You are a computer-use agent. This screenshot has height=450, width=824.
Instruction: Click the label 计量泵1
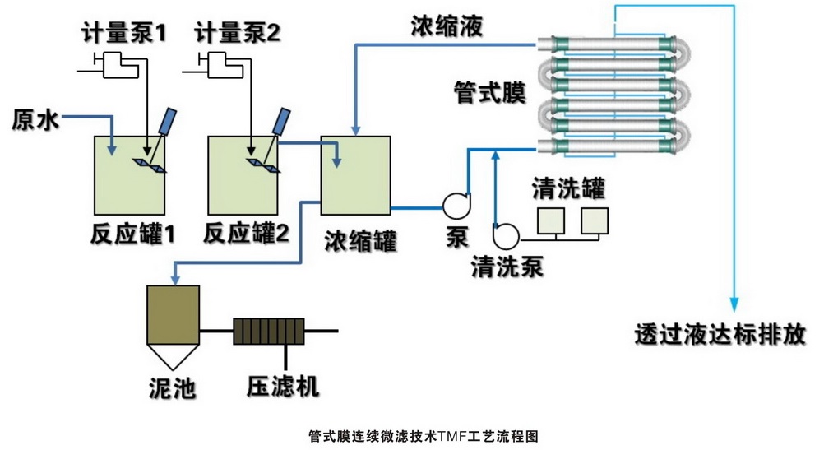click(x=123, y=34)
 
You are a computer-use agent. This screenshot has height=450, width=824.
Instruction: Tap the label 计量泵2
click(x=238, y=34)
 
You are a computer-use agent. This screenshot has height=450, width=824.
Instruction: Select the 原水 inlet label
click(x=35, y=120)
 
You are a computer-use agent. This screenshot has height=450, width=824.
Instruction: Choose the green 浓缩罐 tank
click(x=355, y=174)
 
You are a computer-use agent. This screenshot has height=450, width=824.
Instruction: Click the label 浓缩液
click(x=447, y=26)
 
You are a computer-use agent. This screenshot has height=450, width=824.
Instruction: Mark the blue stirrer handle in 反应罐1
click(x=168, y=122)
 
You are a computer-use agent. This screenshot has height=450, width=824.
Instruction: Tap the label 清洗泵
click(x=507, y=267)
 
